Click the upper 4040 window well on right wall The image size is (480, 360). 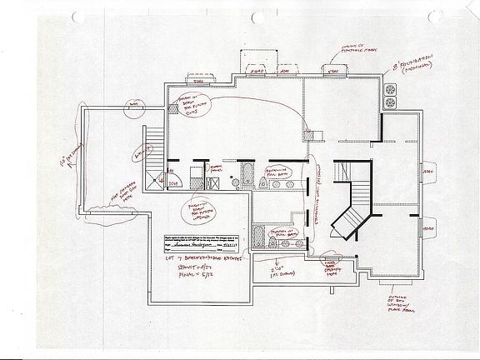(429, 172)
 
